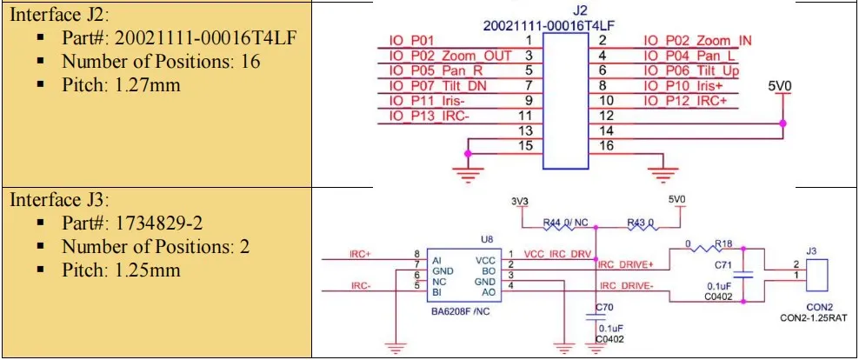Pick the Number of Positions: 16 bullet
coord(160,62)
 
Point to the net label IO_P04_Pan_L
coord(690,56)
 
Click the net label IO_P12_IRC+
coord(686,101)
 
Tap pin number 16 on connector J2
coord(607,146)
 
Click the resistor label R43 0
coord(640,223)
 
